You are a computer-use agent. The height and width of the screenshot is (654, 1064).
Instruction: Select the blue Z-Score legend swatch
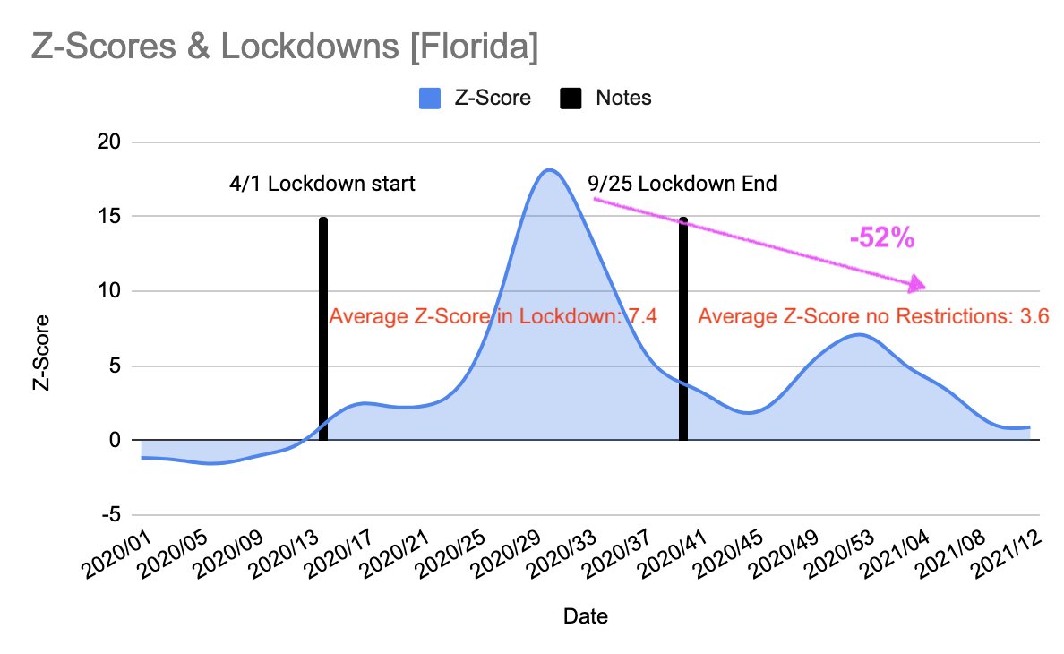(430, 99)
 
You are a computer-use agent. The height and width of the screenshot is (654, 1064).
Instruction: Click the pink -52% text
(881, 237)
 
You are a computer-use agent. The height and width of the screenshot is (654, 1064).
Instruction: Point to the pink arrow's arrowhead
(917, 285)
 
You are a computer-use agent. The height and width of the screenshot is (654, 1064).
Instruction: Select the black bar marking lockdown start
(322, 329)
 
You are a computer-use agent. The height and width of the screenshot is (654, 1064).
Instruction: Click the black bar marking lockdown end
(682, 329)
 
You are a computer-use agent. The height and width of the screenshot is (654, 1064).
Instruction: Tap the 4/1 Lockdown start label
(322, 185)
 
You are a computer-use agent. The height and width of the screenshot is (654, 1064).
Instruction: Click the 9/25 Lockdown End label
(682, 185)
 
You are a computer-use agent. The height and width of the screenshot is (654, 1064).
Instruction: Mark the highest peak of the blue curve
(549, 169)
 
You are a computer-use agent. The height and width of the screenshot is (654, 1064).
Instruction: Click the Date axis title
(585, 616)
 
